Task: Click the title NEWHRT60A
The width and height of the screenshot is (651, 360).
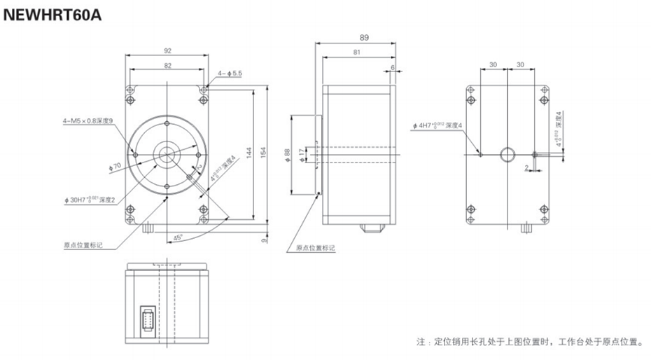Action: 52,14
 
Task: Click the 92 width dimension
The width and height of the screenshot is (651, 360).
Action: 167,50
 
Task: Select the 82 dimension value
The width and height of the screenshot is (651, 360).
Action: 167,64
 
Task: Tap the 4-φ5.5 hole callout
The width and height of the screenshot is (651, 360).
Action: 230,73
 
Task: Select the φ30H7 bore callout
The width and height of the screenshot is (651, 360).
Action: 88,200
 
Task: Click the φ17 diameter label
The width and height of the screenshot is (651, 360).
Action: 302,153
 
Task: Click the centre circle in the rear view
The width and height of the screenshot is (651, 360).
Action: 507,153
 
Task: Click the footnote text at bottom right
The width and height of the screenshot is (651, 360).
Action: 530,342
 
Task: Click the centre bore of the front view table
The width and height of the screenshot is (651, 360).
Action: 168,153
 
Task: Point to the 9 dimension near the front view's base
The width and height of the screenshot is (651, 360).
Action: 264,240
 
